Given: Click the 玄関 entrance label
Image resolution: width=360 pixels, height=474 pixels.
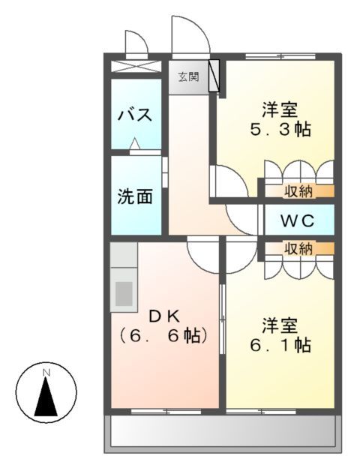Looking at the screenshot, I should pyautogui.click(x=188, y=76).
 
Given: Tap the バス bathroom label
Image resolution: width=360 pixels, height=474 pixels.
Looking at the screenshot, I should pyautogui.click(x=135, y=116).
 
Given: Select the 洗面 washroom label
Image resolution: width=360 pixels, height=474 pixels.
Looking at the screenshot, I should pyautogui.click(x=135, y=196).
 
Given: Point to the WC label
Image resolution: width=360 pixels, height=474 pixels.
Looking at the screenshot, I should pyautogui.click(x=297, y=222).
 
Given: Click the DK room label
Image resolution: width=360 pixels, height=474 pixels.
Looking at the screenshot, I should pyautogui.click(x=163, y=315).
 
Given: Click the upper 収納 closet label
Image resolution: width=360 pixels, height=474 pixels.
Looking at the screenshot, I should pyautogui.click(x=298, y=191).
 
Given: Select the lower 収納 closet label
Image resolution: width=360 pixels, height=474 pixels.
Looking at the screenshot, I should pyautogui.click(x=298, y=249).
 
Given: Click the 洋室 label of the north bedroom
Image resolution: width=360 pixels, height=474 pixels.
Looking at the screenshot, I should pyautogui.click(x=280, y=109).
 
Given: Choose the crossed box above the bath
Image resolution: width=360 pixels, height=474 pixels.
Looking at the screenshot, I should pyautogui.click(x=135, y=66).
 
